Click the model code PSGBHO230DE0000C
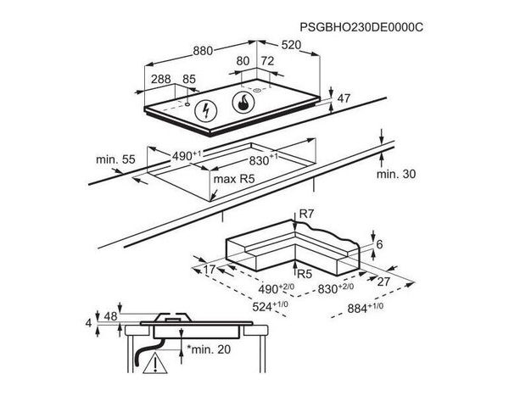pos(361,27)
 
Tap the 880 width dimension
pos(203,51)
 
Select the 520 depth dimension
pos(291,45)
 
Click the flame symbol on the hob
pos(243,103)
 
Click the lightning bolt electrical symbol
pos(206,111)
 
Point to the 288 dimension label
pos(161,79)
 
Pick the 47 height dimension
pos(344,98)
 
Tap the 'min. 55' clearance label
pos(115,159)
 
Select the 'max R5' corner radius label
pos(234,179)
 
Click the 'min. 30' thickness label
pos(396,174)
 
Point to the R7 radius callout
pos(307,214)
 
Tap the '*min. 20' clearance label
pos(209,349)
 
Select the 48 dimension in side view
pos(110,316)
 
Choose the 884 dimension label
pos(365,308)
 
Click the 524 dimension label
pos(270,306)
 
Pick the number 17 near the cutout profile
pos(210,269)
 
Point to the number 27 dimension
pos(383,282)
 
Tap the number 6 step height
pos(379,243)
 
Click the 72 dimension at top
pos(268,61)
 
